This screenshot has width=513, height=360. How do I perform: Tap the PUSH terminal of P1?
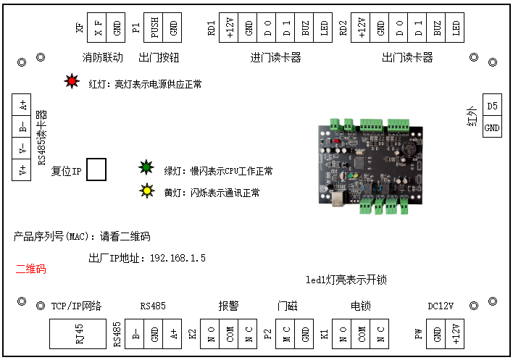click(x=154, y=28)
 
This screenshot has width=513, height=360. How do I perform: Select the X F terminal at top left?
click(x=97, y=28)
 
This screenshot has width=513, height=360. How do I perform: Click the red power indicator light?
click(x=72, y=82)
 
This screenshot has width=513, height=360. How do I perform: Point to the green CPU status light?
click(x=146, y=169)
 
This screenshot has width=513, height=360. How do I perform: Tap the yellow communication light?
click(x=146, y=192)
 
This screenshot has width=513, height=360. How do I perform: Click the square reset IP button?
click(x=96, y=169)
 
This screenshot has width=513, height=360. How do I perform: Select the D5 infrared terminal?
click(x=492, y=106)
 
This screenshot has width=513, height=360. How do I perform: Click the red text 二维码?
click(x=31, y=269)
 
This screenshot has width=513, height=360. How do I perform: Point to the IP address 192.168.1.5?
click(x=178, y=258)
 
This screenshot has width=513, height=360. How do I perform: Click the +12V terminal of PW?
click(x=456, y=335)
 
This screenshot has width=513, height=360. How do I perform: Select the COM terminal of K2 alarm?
click(x=230, y=335)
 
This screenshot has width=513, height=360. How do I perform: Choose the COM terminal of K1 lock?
click(x=360, y=335)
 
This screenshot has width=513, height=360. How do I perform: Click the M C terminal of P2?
click(x=286, y=335)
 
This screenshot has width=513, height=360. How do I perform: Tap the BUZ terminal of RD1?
click(x=306, y=28)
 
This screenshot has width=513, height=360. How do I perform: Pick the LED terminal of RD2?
click(x=456, y=28)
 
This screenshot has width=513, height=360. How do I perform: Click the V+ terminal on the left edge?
click(x=23, y=171)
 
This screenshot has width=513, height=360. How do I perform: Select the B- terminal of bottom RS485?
click(x=135, y=335)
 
